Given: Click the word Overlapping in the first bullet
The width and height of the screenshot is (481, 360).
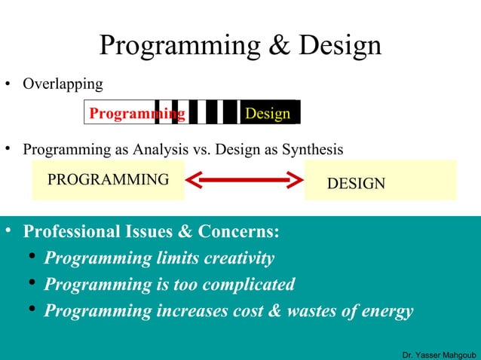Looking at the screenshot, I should pos(63,84).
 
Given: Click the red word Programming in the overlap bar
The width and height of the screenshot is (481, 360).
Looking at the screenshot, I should pos(136,114).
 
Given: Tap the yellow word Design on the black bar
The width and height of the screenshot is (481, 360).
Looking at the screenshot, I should pos(268,114).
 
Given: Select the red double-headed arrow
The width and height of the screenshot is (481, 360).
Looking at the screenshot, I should pos(244,181).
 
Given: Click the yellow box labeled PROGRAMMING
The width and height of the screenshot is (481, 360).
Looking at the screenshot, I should pos(108,180).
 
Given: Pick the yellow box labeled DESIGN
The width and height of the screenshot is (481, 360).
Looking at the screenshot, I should pos(380,181).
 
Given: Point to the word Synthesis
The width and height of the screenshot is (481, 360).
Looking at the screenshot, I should pos(309,149).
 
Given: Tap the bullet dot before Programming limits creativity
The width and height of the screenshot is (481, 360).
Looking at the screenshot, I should pos(32,259).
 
